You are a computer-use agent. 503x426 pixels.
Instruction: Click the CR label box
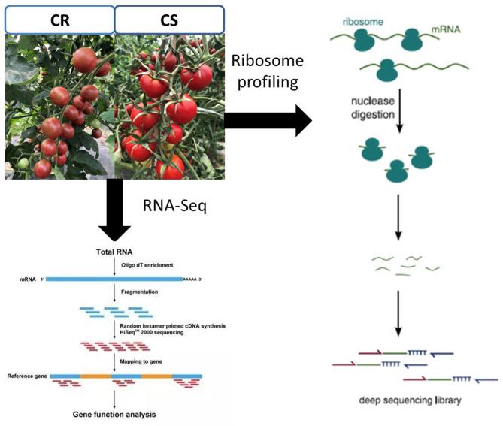pyautogui.click(x=59, y=20)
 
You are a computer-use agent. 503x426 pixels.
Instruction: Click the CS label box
pyautogui.click(x=168, y=20)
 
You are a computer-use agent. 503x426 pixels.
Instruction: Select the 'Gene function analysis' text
pyautogui.click(x=115, y=413)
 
